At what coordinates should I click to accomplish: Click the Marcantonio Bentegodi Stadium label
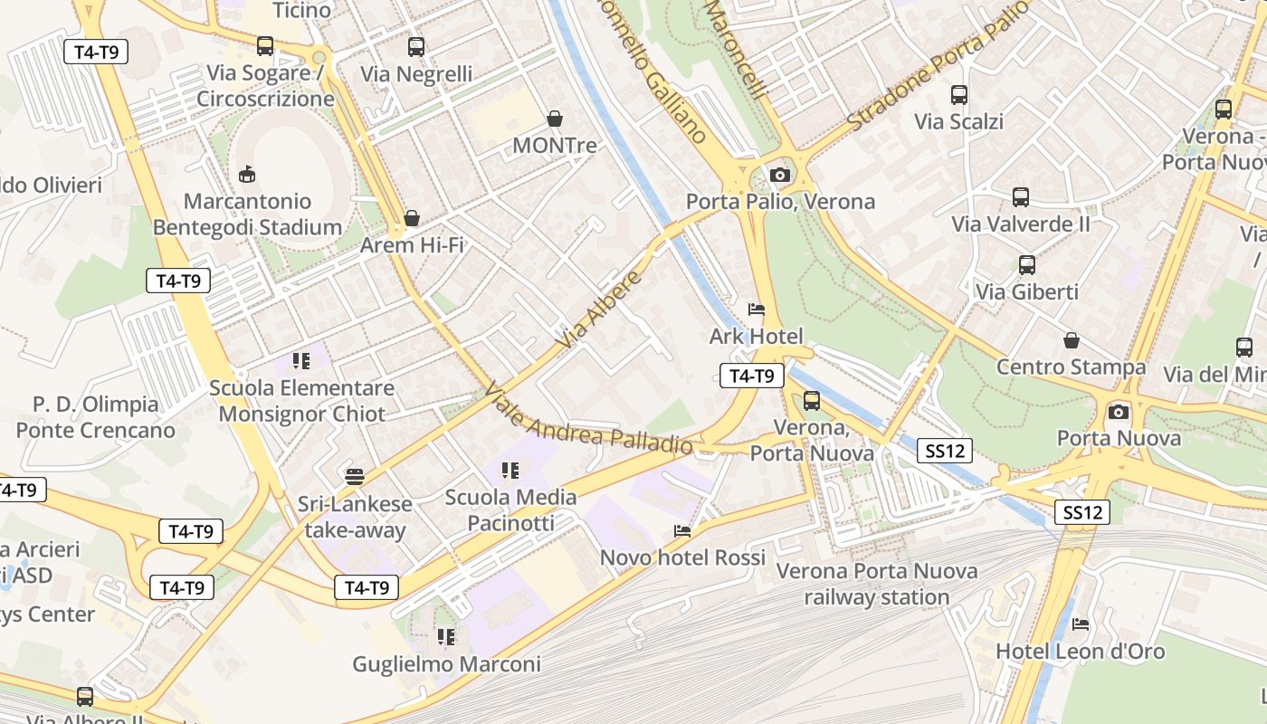[x=247, y=214]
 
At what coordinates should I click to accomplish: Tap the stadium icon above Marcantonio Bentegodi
[x=246, y=173]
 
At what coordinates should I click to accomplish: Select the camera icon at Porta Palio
[x=779, y=175]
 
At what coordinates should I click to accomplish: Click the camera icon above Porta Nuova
[x=1119, y=412]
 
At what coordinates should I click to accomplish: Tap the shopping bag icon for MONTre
[x=554, y=119]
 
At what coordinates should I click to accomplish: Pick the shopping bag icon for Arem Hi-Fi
[x=412, y=218]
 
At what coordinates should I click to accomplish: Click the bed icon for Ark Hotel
[x=757, y=310]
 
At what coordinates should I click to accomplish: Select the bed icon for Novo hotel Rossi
[x=682, y=530]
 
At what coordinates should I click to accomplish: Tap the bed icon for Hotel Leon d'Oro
[x=1081, y=624]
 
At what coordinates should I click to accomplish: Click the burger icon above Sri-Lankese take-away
[x=355, y=476]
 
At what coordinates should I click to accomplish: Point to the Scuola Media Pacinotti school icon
[x=510, y=470]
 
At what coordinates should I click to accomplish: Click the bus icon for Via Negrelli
[x=416, y=47]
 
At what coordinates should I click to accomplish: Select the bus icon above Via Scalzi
[x=958, y=94]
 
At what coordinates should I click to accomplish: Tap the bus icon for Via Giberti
[x=1026, y=265]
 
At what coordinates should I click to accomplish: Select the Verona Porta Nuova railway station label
[x=877, y=584]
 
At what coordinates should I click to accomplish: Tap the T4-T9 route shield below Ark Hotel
[x=751, y=376]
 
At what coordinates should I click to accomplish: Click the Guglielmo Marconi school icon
[x=445, y=637]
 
